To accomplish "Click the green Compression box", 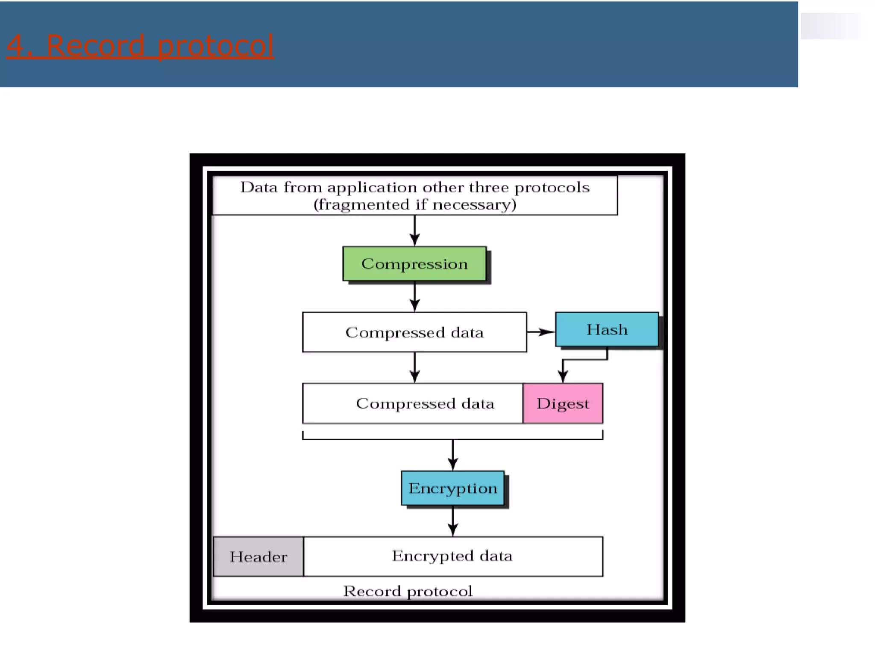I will click(414, 263).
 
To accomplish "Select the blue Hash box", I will click(606, 329).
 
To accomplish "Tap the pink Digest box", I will click(562, 403).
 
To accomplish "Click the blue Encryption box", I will click(452, 488).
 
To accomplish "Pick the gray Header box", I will click(258, 556).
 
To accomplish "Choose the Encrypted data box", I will click(452, 556).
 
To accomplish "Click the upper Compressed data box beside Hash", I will click(414, 332).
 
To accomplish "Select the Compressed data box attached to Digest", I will click(412, 403).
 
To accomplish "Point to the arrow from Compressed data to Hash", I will click(541, 332).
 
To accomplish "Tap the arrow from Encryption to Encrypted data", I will click(453, 521).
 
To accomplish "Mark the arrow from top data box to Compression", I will click(414, 231).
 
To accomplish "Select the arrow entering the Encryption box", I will click(453, 456).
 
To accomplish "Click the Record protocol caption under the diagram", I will click(408, 591).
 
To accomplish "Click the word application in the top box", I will click(372, 187).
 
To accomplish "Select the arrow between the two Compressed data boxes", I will click(414, 368).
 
